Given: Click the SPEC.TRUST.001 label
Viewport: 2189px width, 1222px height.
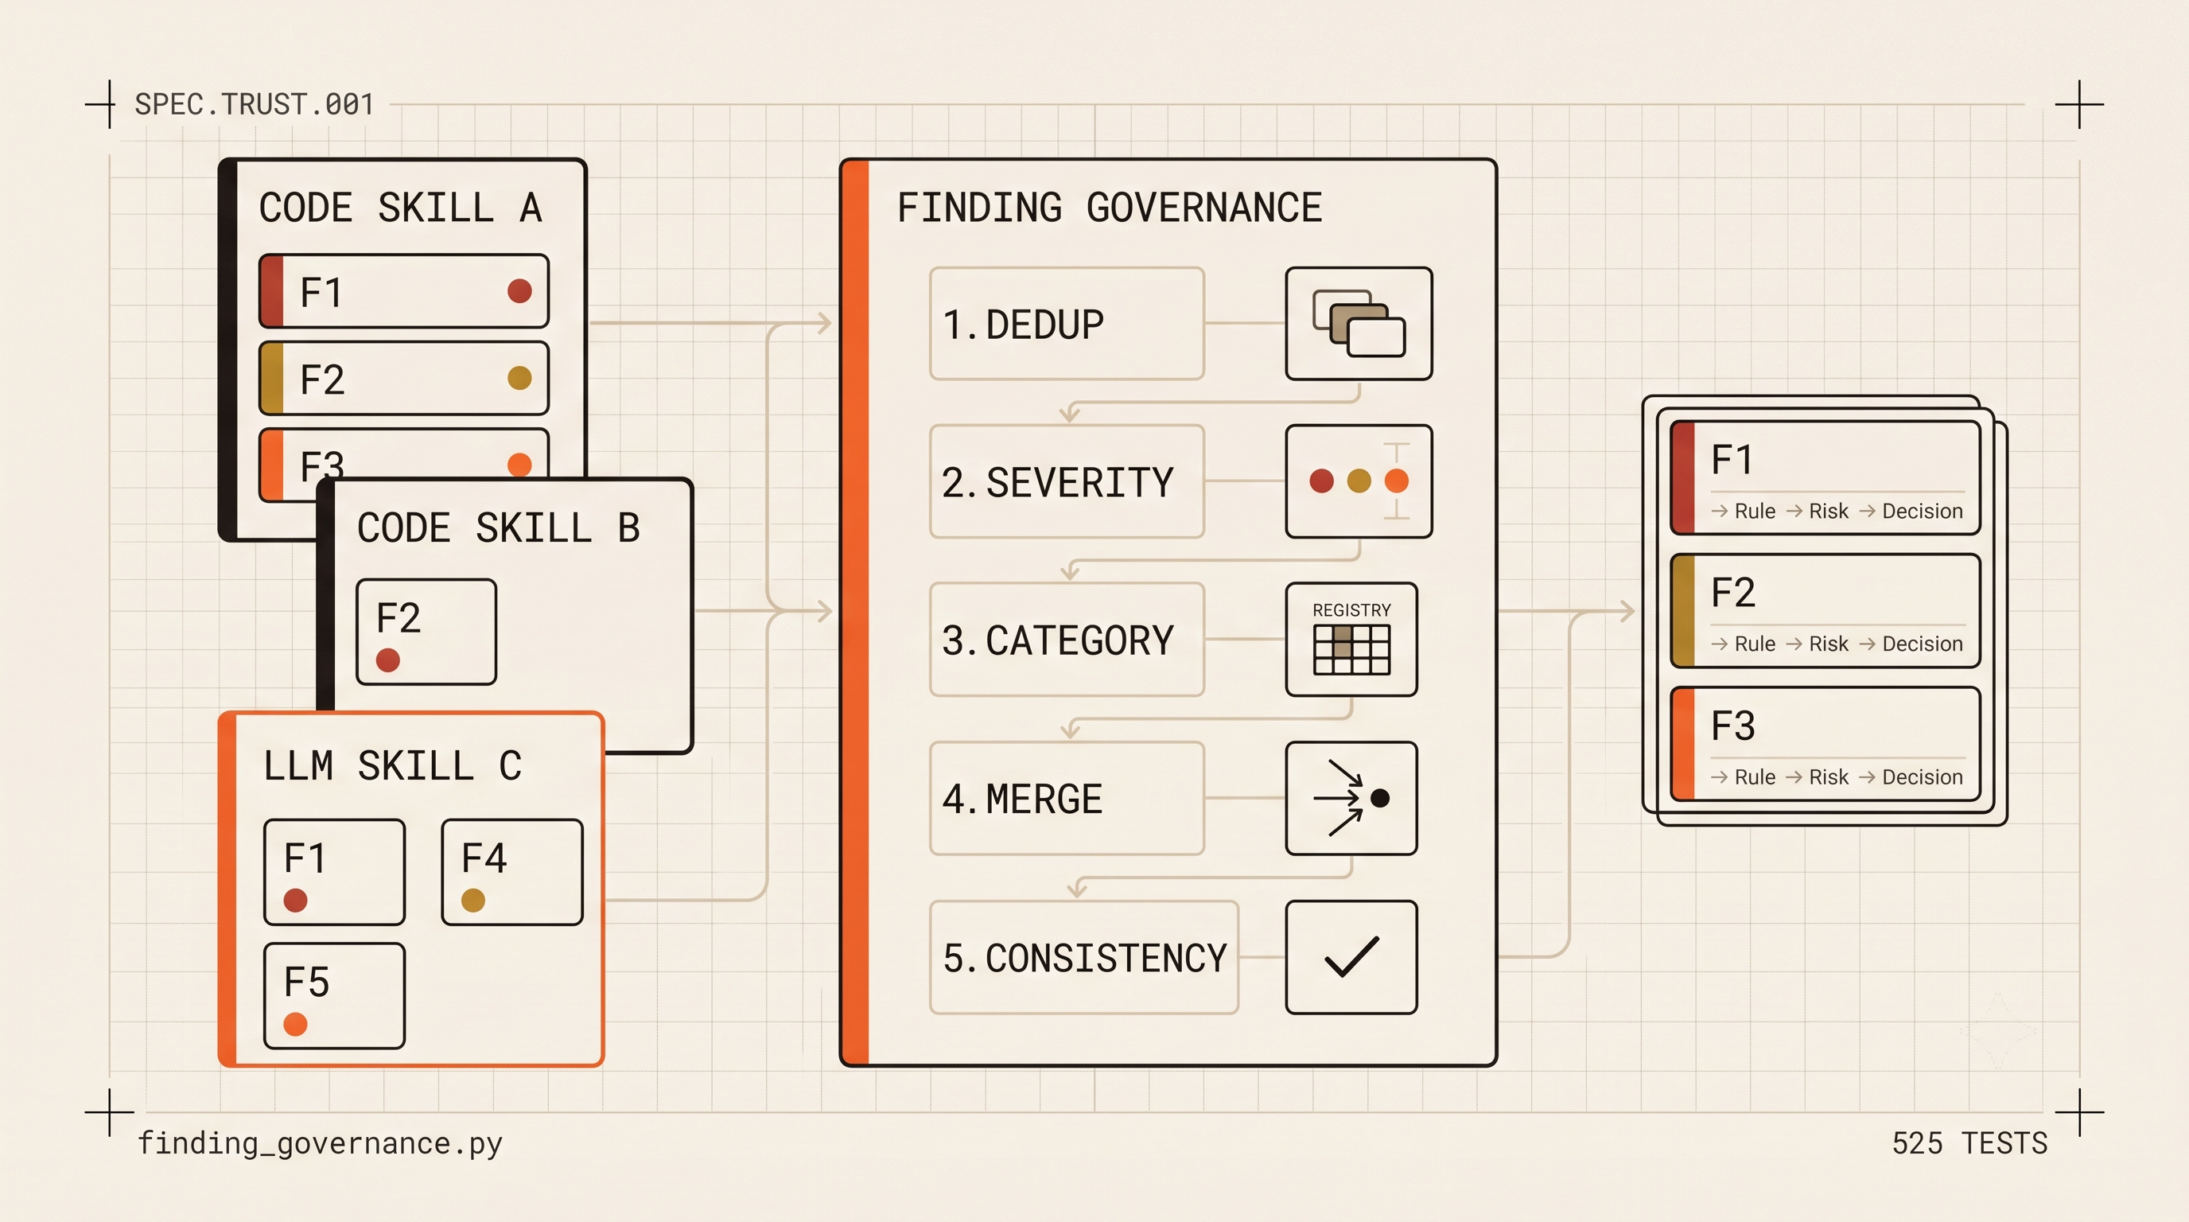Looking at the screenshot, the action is click(x=254, y=103).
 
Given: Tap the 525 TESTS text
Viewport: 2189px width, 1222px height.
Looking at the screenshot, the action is click(x=1969, y=1143).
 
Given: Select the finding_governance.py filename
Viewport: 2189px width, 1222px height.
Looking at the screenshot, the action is click(x=320, y=1144).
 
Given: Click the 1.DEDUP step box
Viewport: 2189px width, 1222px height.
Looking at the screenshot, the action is click(x=1067, y=324).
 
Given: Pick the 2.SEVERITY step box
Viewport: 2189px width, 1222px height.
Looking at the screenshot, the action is click(x=1067, y=482).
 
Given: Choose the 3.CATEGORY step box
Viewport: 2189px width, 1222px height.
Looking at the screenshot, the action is click(x=1067, y=640).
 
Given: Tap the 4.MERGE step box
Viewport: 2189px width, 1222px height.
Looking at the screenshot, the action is click(x=1067, y=799).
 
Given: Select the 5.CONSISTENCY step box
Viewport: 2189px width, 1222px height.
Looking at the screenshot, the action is click(x=1083, y=958).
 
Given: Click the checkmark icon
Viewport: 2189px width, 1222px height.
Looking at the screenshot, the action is click(x=1351, y=958).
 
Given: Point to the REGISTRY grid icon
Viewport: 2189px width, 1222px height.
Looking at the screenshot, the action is click(x=1351, y=650).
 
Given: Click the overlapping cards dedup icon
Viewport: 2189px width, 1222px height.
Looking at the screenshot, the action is click(x=1359, y=324).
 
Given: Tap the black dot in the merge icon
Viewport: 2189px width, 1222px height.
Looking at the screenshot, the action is click(x=1380, y=798).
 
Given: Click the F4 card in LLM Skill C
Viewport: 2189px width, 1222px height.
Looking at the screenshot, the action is click(x=512, y=872).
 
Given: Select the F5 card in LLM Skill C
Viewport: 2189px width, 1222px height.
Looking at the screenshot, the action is click(x=334, y=996).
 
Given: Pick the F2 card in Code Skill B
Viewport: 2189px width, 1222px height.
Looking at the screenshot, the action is click(x=426, y=632).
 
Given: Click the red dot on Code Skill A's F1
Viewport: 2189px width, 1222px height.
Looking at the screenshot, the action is click(x=520, y=291).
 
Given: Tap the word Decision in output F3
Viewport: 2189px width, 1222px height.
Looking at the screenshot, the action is click(x=1923, y=776).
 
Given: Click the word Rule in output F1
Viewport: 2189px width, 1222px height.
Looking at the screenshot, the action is click(x=1755, y=511).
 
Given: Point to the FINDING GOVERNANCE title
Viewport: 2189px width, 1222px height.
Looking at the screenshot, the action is click(x=1110, y=208).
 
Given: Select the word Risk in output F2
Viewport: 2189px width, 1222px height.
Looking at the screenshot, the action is click(x=1829, y=644).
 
